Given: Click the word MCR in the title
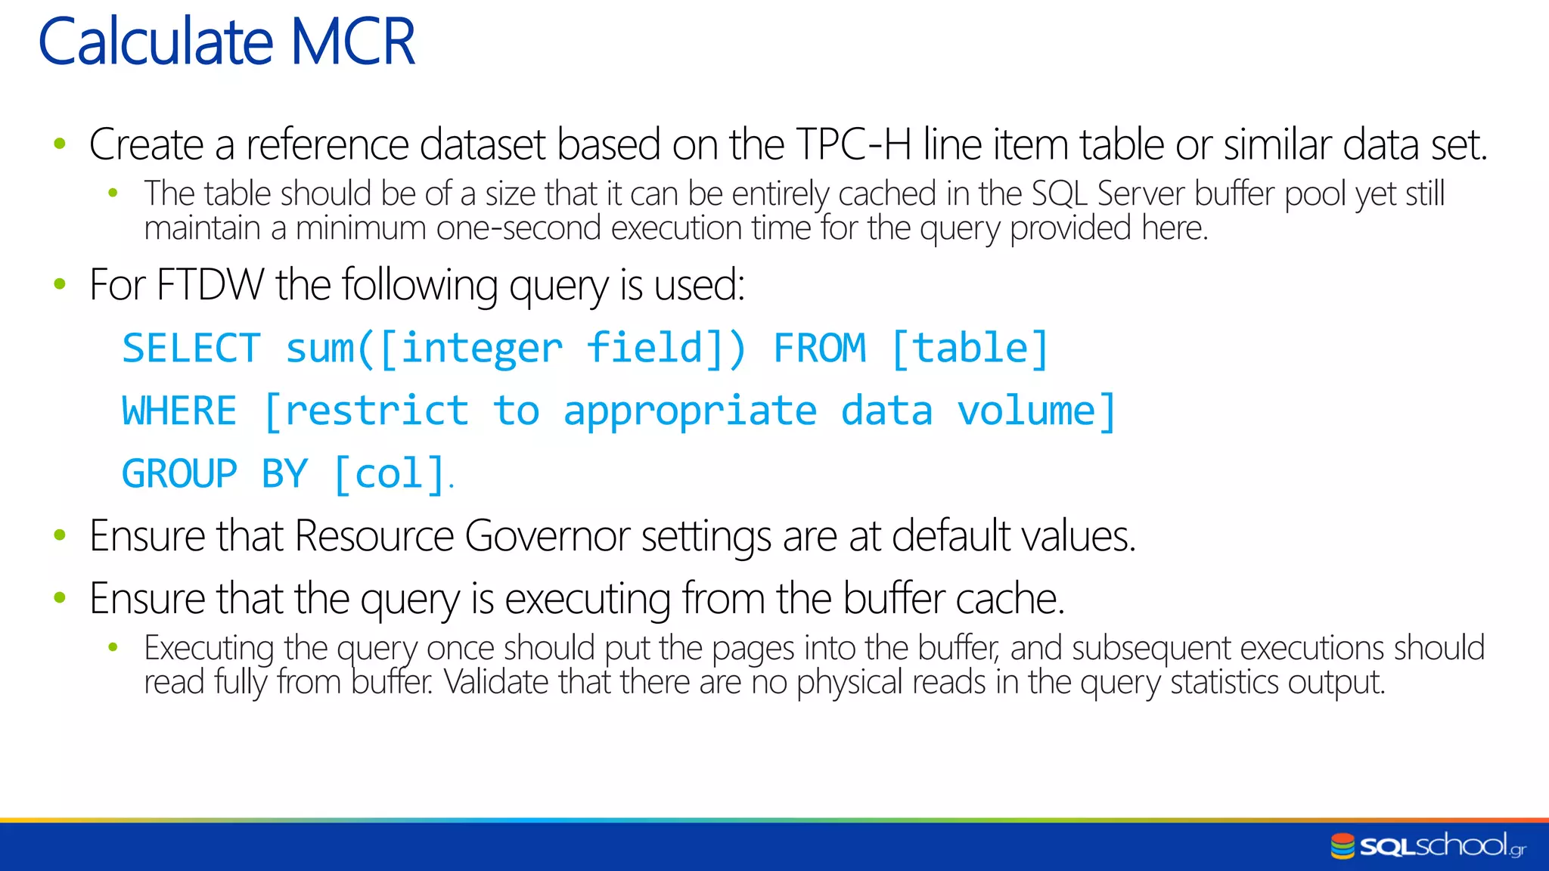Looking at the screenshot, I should [352, 42].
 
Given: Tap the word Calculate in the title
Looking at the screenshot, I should [155, 42].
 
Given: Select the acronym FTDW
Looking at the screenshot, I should [210, 285].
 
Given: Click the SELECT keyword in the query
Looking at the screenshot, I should [191, 349].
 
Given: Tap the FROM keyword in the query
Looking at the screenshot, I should [819, 349].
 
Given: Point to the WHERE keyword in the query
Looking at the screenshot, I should [179, 411].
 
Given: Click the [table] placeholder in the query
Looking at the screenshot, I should [970, 349].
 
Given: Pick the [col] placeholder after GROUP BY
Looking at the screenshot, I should [390, 474].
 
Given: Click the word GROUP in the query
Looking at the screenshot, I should [179, 474].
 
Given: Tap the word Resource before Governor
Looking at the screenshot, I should [374, 536].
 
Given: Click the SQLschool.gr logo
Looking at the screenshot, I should [1428, 845].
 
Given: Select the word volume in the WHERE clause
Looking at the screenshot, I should [1026, 411].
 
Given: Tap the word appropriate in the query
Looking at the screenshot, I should [690, 411].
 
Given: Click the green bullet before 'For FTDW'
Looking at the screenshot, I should [61, 285].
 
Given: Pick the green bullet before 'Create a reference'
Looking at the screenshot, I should [61, 144].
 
